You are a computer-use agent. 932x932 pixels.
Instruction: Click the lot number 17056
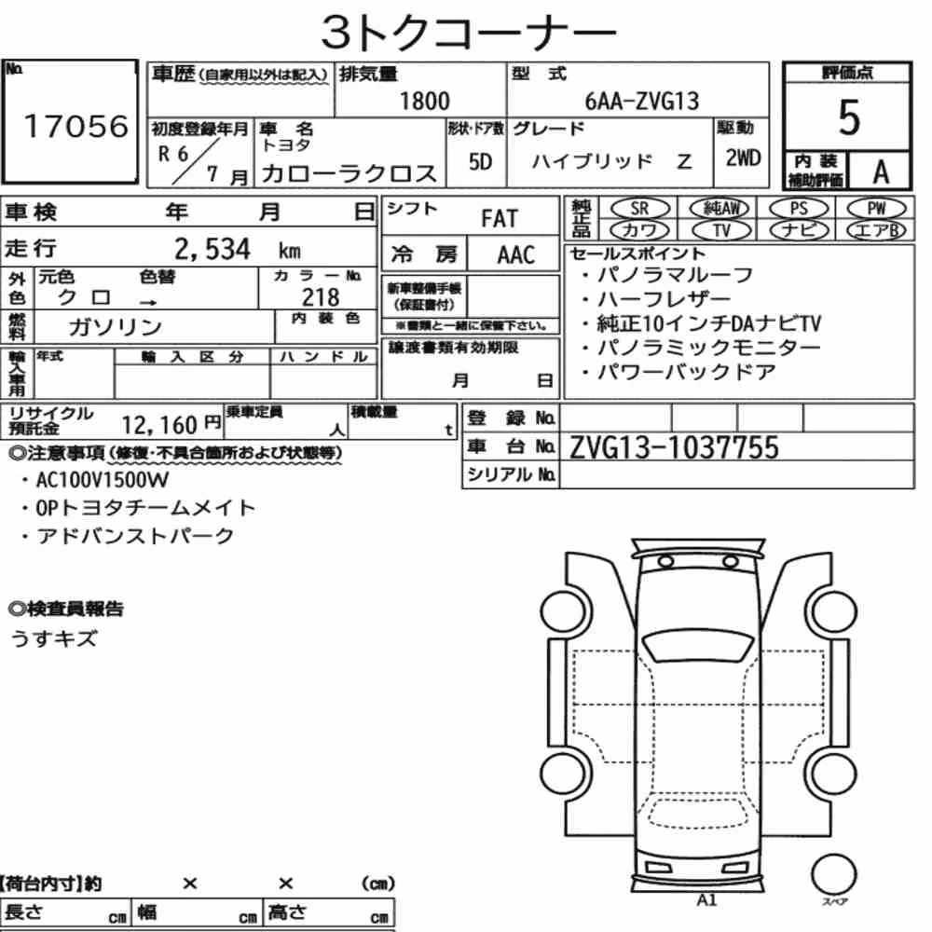tap(75, 126)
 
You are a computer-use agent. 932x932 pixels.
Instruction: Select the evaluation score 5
tap(849, 117)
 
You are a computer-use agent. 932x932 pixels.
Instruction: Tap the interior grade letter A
tap(881, 172)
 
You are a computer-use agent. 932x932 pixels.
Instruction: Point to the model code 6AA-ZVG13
tap(642, 101)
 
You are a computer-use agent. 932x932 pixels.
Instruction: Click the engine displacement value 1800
tap(424, 101)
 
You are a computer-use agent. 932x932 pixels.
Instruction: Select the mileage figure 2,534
tap(212, 249)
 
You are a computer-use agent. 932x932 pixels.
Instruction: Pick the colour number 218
tap(321, 296)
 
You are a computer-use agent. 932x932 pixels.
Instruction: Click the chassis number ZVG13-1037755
tap(674, 447)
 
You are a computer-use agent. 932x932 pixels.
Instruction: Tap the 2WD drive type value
tap(743, 158)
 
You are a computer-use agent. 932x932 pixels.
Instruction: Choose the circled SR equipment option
tap(640, 209)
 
